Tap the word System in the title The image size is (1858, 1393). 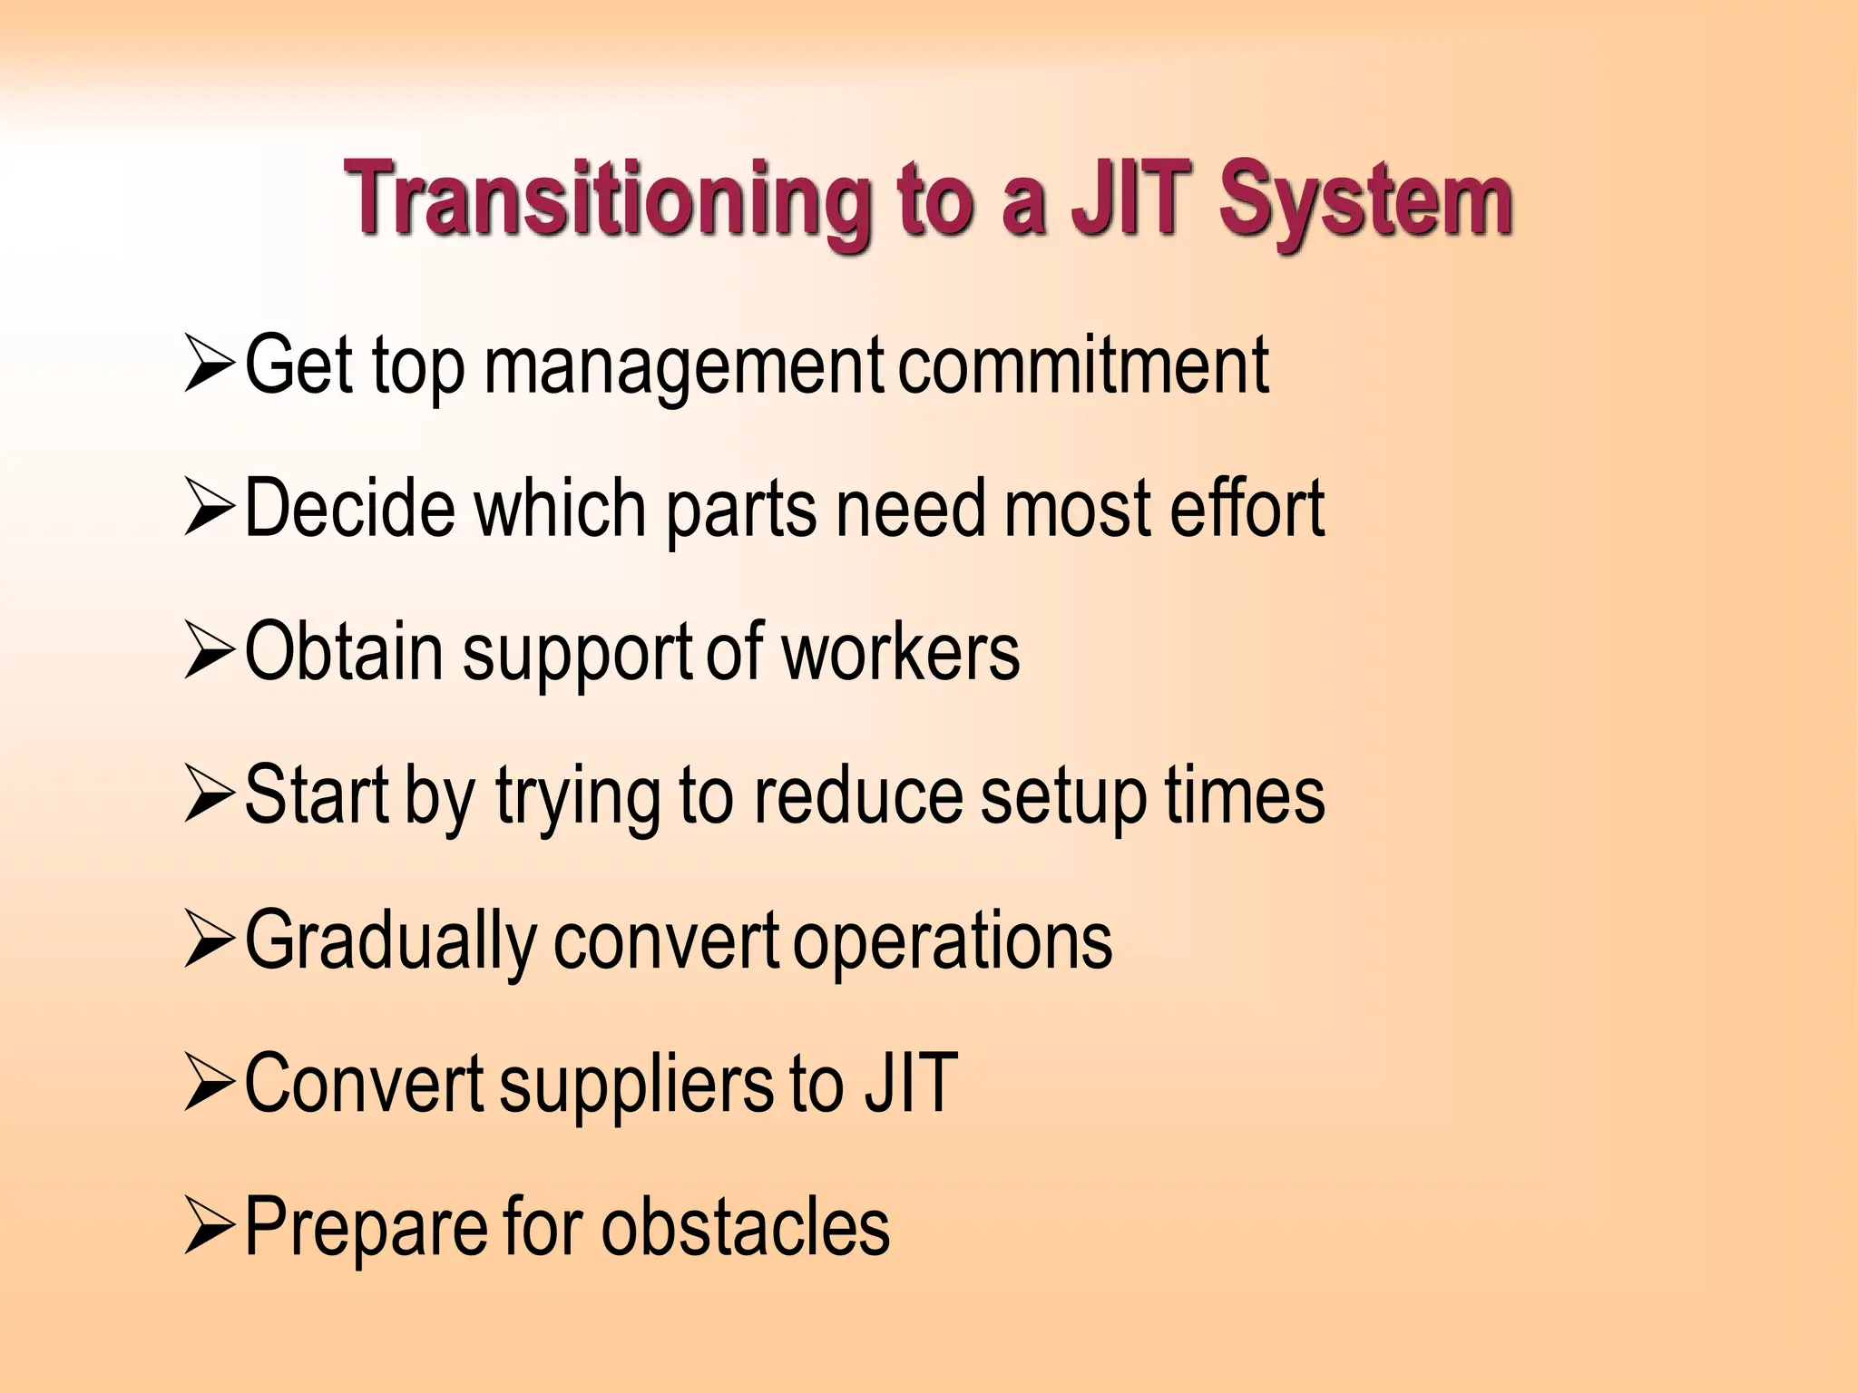tap(1364, 201)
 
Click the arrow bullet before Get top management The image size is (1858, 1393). tap(210, 365)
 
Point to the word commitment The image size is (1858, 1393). tap(1083, 365)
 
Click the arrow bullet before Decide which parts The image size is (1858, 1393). tap(210, 509)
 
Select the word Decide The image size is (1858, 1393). tap(350, 509)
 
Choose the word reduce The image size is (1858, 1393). tap(857, 796)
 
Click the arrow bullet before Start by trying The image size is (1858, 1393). tap(210, 796)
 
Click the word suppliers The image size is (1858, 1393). tap(635, 1085)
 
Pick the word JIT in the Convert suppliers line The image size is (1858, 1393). tap(910, 1083)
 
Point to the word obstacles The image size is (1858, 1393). tap(746, 1228)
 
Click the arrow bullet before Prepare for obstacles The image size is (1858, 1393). tap(210, 1228)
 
